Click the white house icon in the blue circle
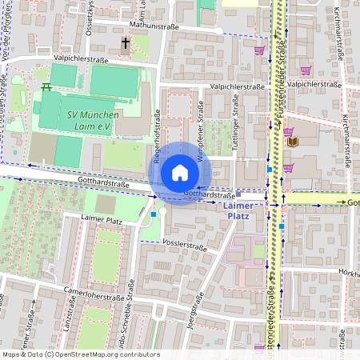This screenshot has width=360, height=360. pos(180,173)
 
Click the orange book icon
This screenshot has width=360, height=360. pos(294,142)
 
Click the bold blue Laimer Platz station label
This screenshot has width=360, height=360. pos(239,210)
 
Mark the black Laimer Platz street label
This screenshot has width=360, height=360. pos(102,218)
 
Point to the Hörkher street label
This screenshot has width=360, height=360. pos(349,274)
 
